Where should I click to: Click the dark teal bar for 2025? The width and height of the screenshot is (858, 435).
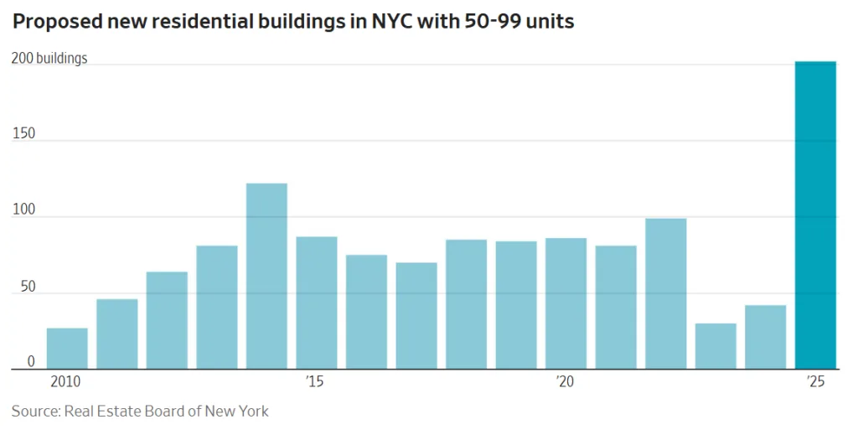[x=815, y=215]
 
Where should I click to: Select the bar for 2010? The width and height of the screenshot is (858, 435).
[x=67, y=348]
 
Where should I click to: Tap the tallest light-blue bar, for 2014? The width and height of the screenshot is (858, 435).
[x=266, y=276]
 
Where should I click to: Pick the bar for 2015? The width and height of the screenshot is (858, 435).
[x=317, y=303]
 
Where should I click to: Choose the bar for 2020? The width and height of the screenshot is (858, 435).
[x=566, y=303]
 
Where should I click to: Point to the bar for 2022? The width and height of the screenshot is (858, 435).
[x=666, y=293]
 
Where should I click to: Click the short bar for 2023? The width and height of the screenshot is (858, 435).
[x=716, y=346]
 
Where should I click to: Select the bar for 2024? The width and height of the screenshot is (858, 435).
[x=766, y=337]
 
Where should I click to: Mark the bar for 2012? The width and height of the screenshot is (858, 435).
[x=167, y=320]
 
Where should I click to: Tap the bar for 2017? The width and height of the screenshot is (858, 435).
[x=416, y=316]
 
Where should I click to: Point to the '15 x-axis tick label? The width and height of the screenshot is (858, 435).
[x=315, y=382]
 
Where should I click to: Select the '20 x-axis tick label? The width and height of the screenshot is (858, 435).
[x=565, y=382]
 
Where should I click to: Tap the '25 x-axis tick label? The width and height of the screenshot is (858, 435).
[x=815, y=382]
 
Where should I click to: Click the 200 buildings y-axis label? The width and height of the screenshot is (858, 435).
[x=49, y=59]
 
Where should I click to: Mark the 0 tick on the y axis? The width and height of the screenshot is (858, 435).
[x=31, y=362]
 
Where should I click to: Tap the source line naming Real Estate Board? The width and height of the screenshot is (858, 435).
[x=140, y=412]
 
